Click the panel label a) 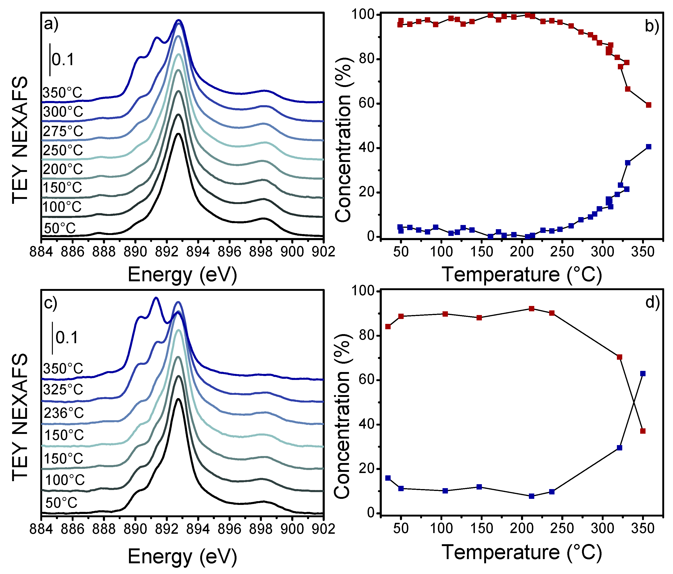pos(51,24)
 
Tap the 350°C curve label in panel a pos(62,93)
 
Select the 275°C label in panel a pos(63,131)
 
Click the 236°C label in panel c pos(64,413)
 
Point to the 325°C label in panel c pos(63,389)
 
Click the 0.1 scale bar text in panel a pos(63,60)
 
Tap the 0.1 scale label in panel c pos(67,338)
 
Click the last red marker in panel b pos(649,105)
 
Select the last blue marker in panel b pos(649,147)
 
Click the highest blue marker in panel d pos(643,374)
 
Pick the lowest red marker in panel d pos(643,431)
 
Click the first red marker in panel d pos(388,326)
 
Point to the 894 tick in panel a pos(198,252)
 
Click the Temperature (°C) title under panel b pos(522,275)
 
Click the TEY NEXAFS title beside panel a pos(20,140)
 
